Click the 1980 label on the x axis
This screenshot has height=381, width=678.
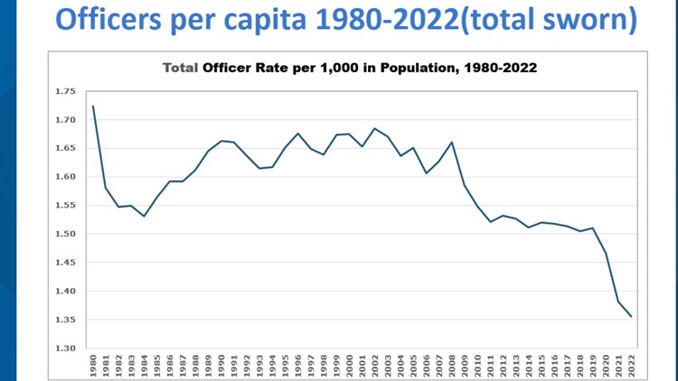click(93, 366)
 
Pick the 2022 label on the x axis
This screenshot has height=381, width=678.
click(631, 366)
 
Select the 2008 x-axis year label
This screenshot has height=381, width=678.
click(452, 366)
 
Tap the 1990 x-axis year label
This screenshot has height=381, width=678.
click(221, 366)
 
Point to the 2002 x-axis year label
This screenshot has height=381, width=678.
click(375, 366)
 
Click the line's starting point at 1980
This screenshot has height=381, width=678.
click(93, 107)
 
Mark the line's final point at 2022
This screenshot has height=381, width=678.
click(631, 316)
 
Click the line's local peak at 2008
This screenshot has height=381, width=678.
click(452, 142)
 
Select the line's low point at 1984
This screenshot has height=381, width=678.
click(144, 216)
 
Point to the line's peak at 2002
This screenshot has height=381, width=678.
click(375, 128)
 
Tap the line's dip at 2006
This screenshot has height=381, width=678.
click(426, 173)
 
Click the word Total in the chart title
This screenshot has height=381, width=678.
click(180, 68)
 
